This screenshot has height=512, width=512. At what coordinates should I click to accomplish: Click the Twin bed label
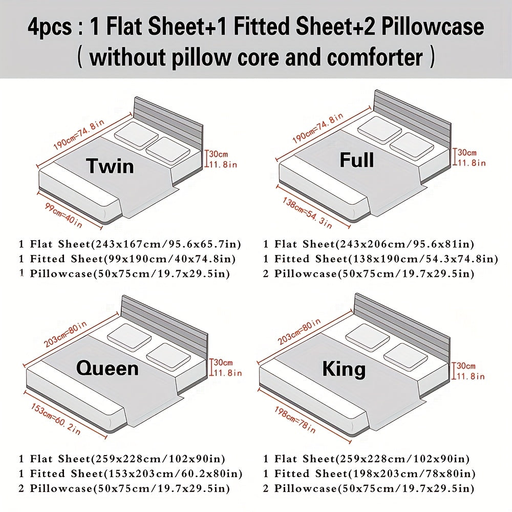point(110,166)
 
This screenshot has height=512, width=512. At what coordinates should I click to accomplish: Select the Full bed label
point(357,161)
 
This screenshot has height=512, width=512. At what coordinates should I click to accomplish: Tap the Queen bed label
point(107,368)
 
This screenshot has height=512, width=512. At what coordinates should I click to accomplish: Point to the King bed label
point(344,369)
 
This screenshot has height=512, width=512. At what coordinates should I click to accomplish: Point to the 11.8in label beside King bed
point(471,376)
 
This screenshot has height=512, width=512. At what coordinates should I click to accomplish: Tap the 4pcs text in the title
point(50,27)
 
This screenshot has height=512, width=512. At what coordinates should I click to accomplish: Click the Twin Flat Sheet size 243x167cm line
point(130,244)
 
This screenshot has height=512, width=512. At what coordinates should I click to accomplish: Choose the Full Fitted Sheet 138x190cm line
point(380,259)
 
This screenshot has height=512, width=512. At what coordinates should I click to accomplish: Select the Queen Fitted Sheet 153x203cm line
point(131,474)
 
